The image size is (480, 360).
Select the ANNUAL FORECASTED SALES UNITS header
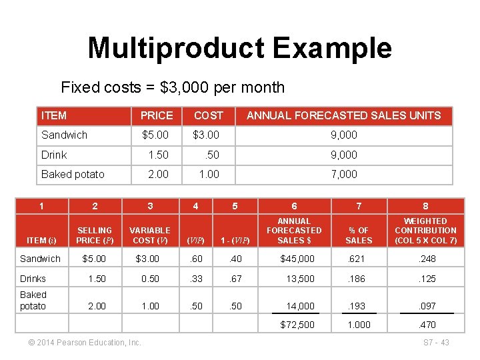343,115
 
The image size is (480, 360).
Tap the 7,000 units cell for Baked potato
344,174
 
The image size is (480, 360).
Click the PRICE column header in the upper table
157,115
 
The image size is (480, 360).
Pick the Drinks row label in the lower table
33,278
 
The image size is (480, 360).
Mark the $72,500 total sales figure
297,325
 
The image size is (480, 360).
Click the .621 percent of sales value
359,259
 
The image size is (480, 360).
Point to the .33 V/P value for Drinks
195,278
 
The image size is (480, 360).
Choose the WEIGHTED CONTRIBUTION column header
425,231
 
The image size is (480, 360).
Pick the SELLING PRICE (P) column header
95,235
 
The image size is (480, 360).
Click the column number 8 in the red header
425,206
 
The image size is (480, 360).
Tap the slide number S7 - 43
437,343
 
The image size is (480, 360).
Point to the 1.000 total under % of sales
359,325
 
